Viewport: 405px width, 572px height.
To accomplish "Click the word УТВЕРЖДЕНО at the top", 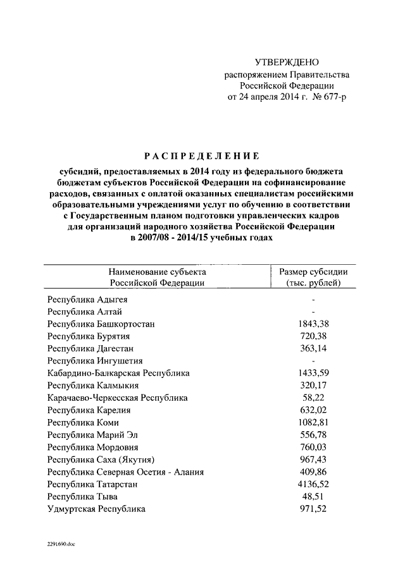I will (x=287, y=62).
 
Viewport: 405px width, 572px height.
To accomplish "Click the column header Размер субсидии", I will (x=313, y=272).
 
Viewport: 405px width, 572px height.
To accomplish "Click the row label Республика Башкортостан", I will (x=101, y=324).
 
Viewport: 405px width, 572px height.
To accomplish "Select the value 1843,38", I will (x=314, y=324).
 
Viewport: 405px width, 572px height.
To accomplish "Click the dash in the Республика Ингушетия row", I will (x=314, y=361).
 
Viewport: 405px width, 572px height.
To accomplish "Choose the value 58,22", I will (x=314, y=398).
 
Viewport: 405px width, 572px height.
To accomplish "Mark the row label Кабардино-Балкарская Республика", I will (x=118, y=373).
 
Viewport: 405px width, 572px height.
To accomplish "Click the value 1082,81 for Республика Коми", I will (x=314, y=422).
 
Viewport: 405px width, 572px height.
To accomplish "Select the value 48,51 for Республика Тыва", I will (x=314, y=497).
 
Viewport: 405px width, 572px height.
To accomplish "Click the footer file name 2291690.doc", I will (x=60, y=544).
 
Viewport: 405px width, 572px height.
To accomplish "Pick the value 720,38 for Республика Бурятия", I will (x=314, y=336).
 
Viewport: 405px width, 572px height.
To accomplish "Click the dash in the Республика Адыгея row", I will (x=314, y=300).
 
